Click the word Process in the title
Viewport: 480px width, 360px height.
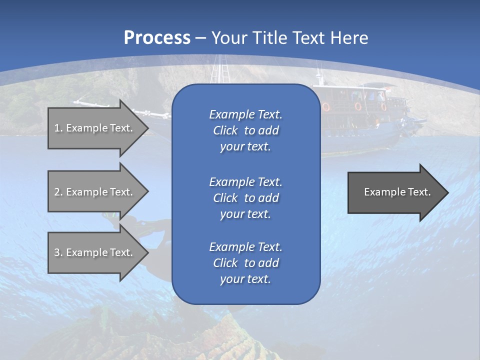click(x=157, y=38)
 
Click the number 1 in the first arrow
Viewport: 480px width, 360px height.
click(x=57, y=128)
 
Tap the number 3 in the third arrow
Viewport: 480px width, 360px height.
click(x=57, y=253)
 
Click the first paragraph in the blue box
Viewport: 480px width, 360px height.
click(x=245, y=130)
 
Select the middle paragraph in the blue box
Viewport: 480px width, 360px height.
click(x=245, y=198)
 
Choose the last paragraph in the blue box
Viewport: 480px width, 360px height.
click(x=245, y=263)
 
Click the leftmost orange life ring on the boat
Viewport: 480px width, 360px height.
click(x=326, y=106)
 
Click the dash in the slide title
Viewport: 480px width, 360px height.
click(x=200, y=38)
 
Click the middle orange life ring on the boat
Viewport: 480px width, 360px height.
click(x=358, y=106)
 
